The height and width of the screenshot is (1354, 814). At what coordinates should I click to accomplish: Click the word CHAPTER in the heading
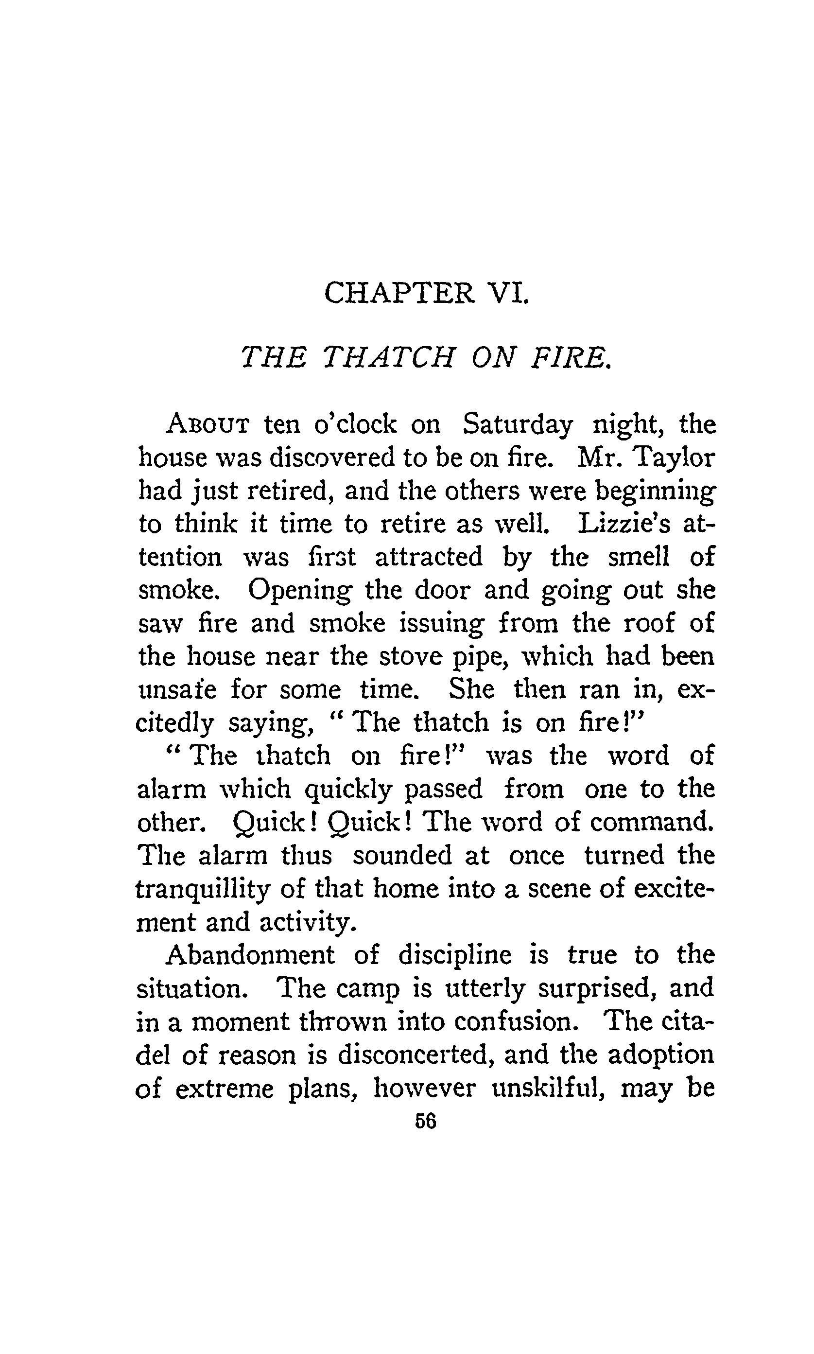(x=399, y=293)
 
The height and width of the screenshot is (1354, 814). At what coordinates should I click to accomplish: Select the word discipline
(x=455, y=955)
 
